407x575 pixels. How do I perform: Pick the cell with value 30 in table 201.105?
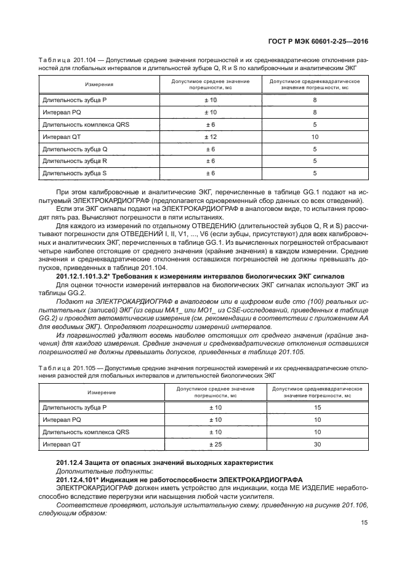(x=318, y=443)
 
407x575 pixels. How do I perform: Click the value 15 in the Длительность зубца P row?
(x=318, y=407)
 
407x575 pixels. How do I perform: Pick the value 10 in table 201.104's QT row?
(x=315, y=137)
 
